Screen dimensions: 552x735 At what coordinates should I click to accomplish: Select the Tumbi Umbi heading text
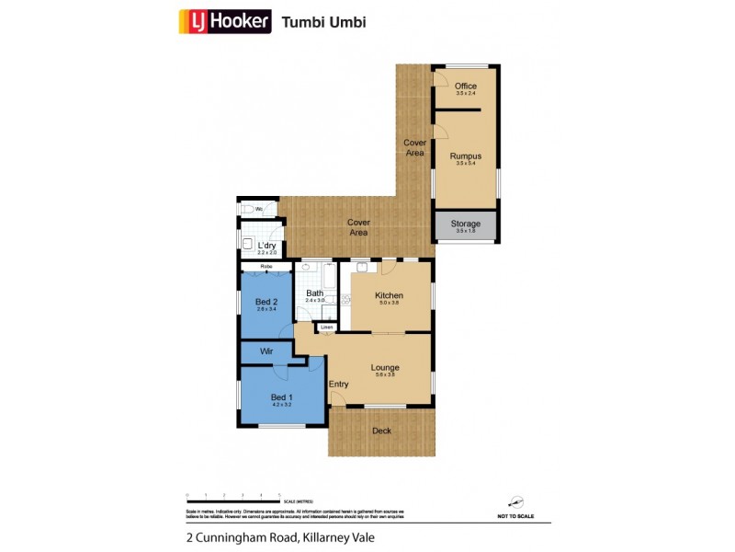coord(323,22)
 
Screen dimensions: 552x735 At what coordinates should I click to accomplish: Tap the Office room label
coord(466,86)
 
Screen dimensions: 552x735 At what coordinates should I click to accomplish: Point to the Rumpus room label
coord(466,156)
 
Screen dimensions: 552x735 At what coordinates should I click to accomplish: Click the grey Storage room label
coord(466,224)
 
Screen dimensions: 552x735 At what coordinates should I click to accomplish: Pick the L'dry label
coord(267,246)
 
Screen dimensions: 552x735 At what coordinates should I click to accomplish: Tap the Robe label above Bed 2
coord(266,267)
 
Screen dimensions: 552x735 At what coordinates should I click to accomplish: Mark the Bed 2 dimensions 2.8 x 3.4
coord(266,309)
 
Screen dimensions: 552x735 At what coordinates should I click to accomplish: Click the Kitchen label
coord(389,295)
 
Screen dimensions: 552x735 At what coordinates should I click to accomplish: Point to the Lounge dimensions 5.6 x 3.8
coord(385,374)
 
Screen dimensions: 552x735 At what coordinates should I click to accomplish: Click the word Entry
coord(339,384)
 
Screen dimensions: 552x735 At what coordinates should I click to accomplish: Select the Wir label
coord(266,351)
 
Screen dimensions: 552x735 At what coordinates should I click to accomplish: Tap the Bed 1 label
coord(281,396)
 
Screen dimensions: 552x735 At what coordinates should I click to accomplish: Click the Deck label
coord(380,431)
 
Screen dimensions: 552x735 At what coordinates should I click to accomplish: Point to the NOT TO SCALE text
coord(518,517)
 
